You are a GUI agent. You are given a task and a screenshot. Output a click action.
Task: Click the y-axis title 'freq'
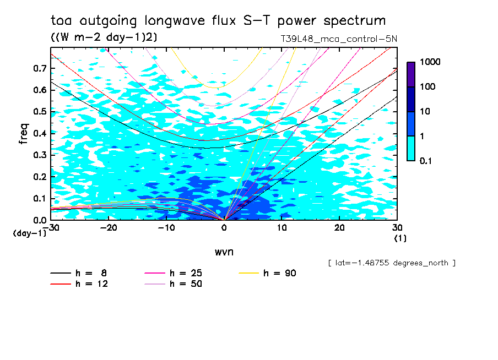point(23,134)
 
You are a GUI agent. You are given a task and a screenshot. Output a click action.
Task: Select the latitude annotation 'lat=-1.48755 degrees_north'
point(392,263)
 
